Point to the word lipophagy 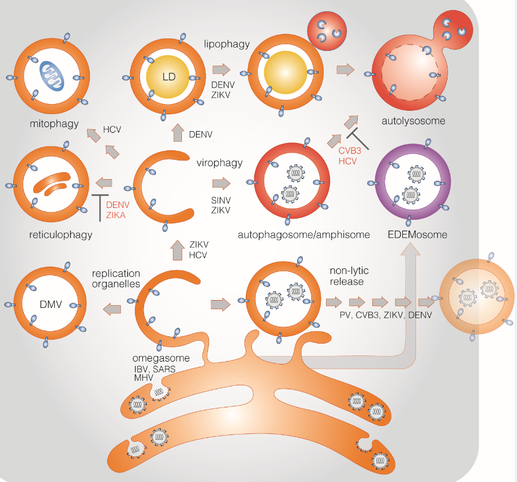(x=227, y=44)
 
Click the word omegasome (x=160, y=358)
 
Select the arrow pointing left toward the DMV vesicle (x=112, y=309)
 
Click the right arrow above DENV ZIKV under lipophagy (x=222, y=70)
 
